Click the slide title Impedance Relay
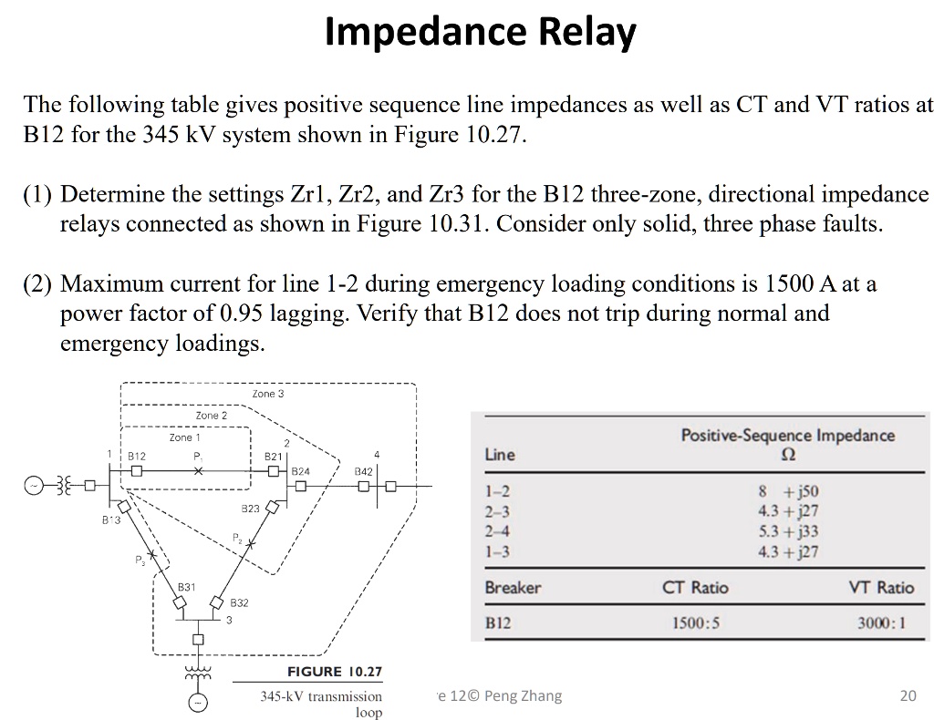pyautogui.click(x=481, y=33)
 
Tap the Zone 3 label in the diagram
pyautogui.click(x=267, y=394)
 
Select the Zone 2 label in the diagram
pyautogui.click(x=212, y=416)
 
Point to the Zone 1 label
pyautogui.click(x=185, y=437)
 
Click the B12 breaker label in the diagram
pyautogui.click(x=136, y=455)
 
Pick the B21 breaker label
pyautogui.click(x=273, y=455)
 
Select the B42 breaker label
pyautogui.click(x=362, y=471)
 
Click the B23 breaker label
pyautogui.click(x=250, y=507)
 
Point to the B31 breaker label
pyautogui.click(x=186, y=588)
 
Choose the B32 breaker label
pyautogui.click(x=239, y=603)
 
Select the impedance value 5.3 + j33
pyautogui.click(x=788, y=531)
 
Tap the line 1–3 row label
pyautogui.click(x=497, y=551)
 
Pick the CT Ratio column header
pyautogui.click(x=695, y=588)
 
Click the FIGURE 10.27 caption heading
pyautogui.click(x=335, y=673)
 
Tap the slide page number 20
pyautogui.click(x=907, y=696)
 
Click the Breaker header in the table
pyautogui.click(x=513, y=588)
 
